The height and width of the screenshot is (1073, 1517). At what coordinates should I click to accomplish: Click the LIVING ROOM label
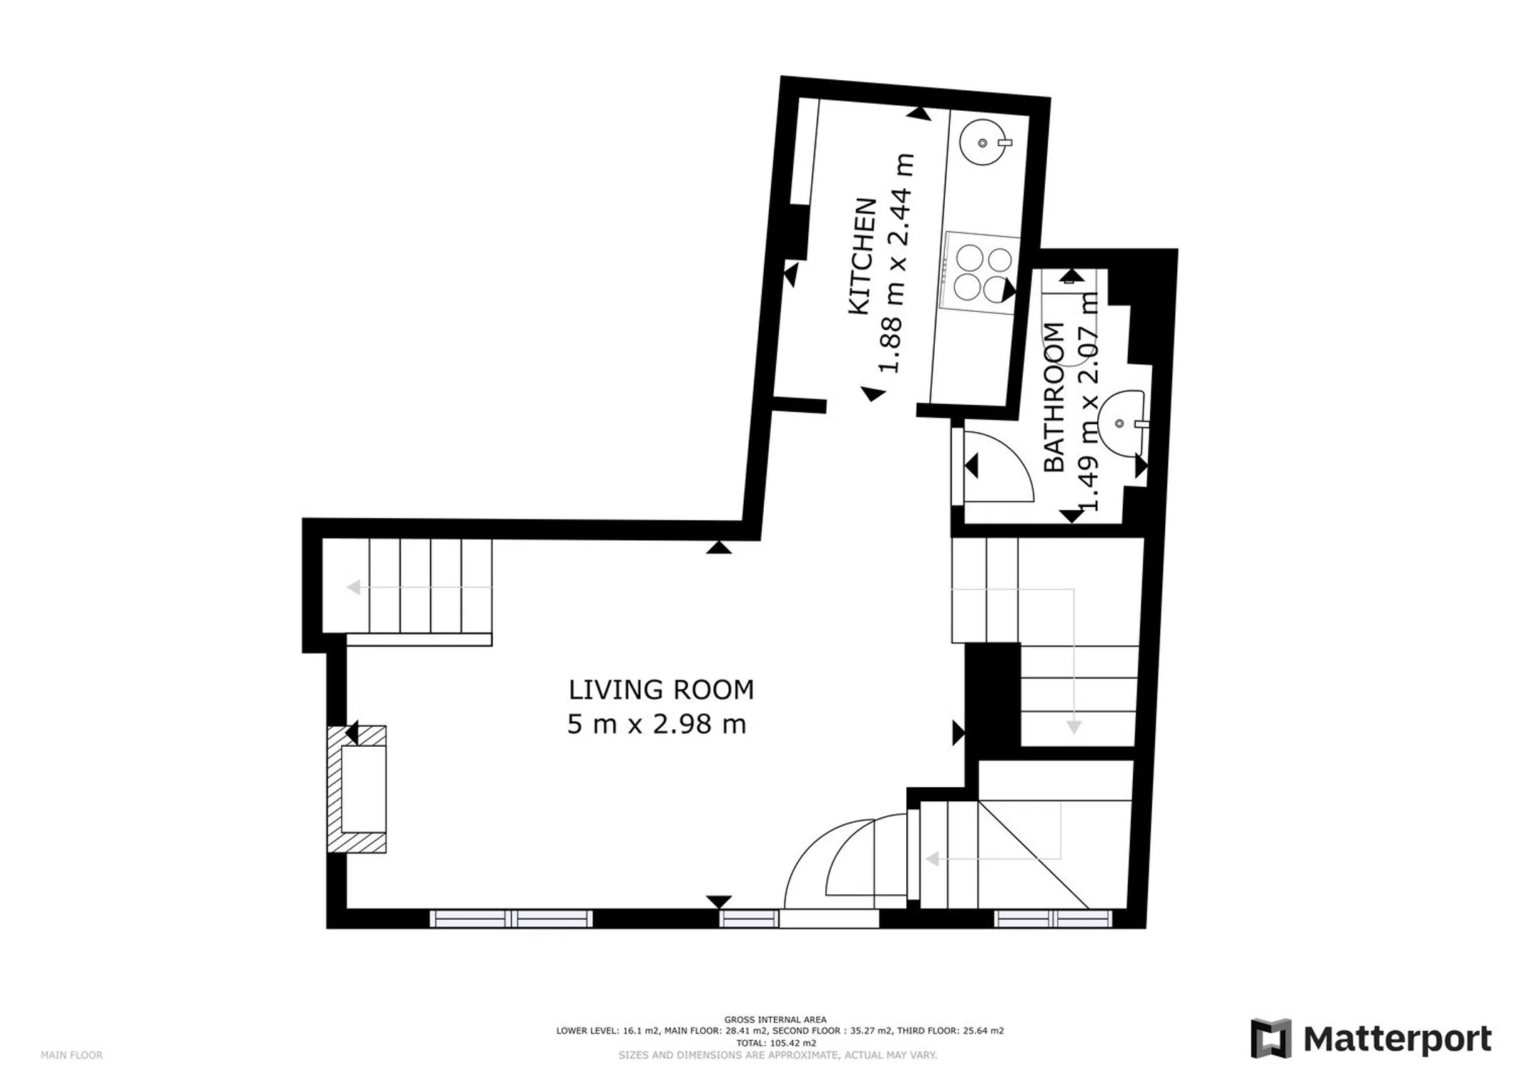pos(661,690)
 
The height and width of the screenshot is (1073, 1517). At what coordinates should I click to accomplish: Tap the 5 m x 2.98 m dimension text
pos(657,725)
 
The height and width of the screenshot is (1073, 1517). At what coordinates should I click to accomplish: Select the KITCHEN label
pos(862,256)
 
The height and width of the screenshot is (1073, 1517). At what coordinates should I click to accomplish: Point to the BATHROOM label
pos(1054,397)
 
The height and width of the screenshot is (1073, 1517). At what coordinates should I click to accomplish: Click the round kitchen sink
pos(983,143)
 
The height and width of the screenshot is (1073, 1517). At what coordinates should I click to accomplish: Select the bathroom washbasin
pos(1122,423)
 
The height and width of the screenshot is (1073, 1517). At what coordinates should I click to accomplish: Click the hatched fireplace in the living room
pos(357,789)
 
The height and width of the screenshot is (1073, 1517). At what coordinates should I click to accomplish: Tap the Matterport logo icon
pos(1271,1039)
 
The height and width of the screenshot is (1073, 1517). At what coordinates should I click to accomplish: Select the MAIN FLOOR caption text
pos(72,1055)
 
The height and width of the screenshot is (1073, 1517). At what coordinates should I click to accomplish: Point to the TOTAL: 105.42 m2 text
pos(775,1043)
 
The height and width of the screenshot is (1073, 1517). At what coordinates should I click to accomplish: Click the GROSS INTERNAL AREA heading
pos(775,1020)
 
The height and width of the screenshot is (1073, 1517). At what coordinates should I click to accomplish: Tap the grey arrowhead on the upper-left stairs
pos(353,587)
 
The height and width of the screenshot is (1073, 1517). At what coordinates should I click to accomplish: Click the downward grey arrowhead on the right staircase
pos(1074,727)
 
